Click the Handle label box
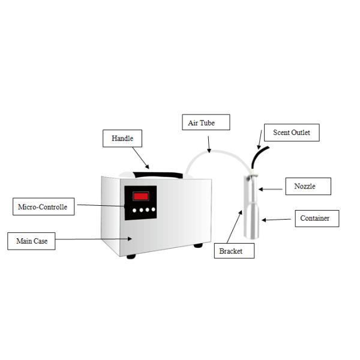coord(122,139)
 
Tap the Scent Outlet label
coord(291,133)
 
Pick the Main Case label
coord(32,241)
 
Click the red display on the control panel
coord(141,196)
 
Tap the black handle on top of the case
coord(157,175)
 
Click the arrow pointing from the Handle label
coord(140,158)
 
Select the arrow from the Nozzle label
coord(270,189)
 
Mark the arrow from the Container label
coord(276,220)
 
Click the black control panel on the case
coord(140,202)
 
